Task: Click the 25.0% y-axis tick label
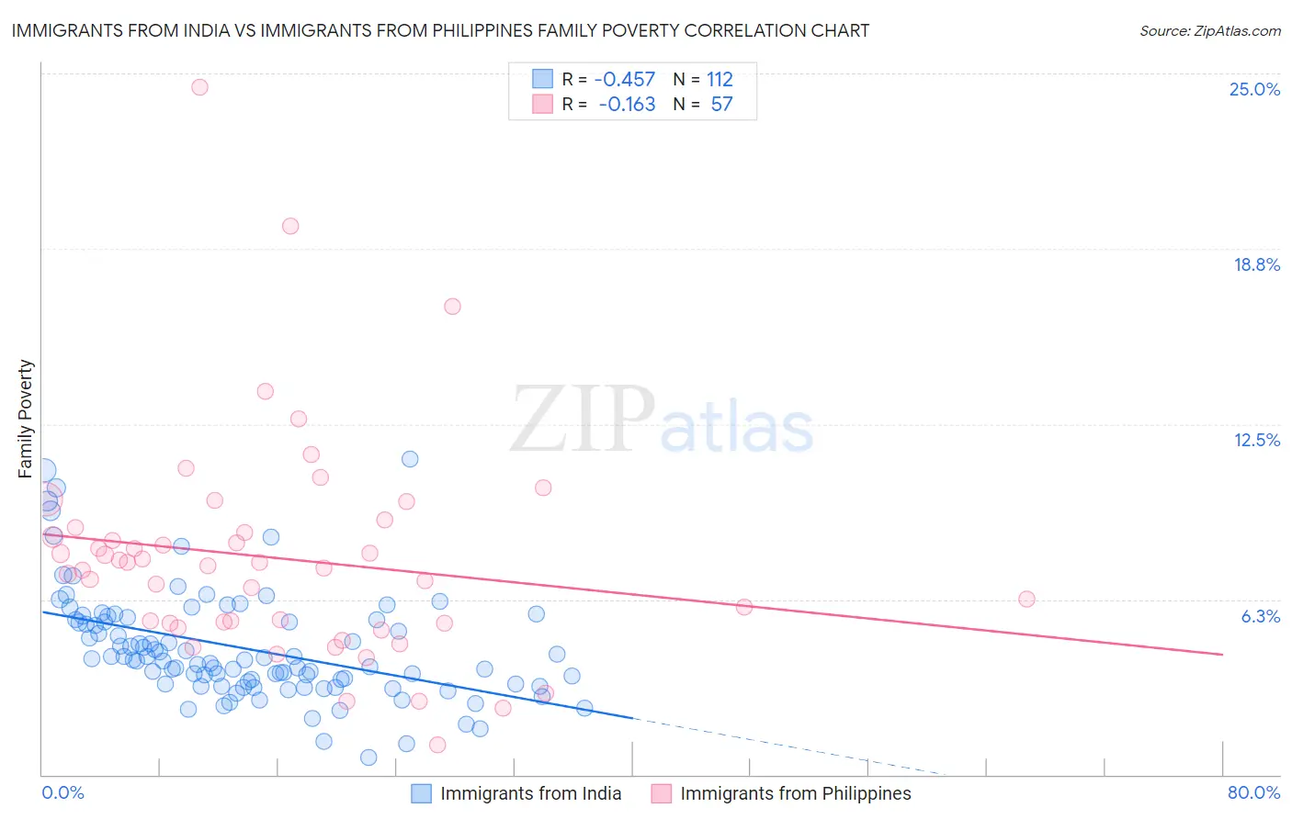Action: click(x=1254, y=89)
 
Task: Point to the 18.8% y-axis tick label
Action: click(x=1256, y=264)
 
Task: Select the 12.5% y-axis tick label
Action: click(x=1256, y=440)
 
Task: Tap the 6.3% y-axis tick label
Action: click(x=1260, y=616)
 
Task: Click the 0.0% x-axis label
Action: click(x=62, y=792)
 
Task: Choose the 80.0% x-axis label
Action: click(x=1253, y=792)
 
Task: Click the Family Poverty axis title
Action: click(x=26, y=419)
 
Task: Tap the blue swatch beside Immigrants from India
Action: click(x=421, y=794)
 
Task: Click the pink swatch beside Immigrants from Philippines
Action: click(x=661, y=794)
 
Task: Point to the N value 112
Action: click(x=720, y=79)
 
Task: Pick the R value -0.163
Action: click(x=627, y=104)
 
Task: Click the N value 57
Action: click(x=721, y=104)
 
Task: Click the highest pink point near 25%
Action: click(x=199, y=87)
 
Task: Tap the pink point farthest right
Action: click(x=1026, y=599)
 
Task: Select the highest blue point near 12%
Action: click(x=410, y=459)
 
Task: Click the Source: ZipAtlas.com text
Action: click(x=1209, y=30)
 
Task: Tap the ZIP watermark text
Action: click(x=582, y=420)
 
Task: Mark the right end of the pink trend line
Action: click(x=1222, y=654)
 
